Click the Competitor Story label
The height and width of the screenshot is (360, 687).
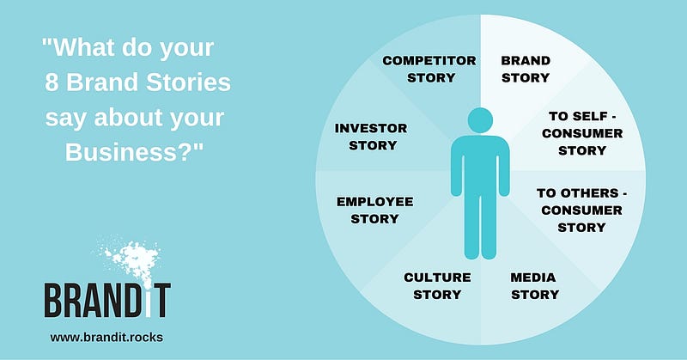[x=429, y=69]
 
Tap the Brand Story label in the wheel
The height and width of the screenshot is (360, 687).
[x=526, y=69]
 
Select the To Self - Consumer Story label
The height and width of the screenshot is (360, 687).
[x=582, y=133]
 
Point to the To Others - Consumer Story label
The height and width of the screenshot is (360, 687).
[x=582, y=210]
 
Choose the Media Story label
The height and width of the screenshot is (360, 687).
[x=534, y=285]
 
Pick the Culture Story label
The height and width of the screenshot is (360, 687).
[x=437, y=285]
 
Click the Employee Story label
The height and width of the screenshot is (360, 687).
[x=375, y=210]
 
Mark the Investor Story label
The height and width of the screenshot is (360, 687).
[x=372, y=137]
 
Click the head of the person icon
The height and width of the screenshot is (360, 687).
[x=480, y=120]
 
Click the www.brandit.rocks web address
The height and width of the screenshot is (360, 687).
[x=106, y=337]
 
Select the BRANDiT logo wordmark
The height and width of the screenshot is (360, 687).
[x=107, y=300]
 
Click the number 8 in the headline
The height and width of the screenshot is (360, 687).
[x=52, y=82]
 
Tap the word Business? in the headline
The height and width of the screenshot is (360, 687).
[x=134, y=152]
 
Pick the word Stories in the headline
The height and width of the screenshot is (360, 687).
[x=188, y=82]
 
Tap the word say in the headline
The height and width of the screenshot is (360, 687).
[x=66, y=119]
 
